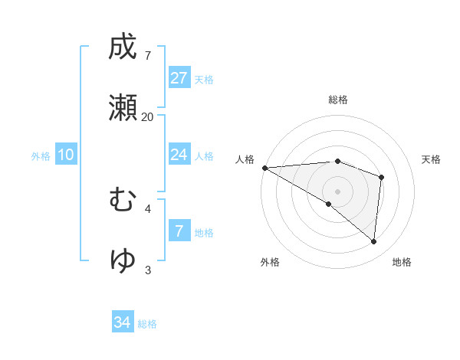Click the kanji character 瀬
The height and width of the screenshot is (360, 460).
coord(123,108)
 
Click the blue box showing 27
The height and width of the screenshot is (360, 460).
coord(179,78)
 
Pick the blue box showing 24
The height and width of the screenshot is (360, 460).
coord(179,155)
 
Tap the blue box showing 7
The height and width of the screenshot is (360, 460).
coord(179,231)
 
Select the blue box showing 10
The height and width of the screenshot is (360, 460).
coord(66,155)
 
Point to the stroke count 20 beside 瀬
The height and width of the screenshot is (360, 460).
coord(147,116)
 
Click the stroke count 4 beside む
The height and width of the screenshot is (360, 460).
coord(147,208)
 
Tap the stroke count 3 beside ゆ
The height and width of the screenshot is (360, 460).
coord(147,269)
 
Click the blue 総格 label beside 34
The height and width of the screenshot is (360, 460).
coord(147,324)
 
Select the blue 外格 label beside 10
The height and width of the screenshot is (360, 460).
coord(41,156)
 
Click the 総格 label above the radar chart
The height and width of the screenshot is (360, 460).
coord(338,100)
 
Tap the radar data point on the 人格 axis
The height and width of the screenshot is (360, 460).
coord(264,167)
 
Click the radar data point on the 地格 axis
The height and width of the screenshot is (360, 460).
coord(374,242)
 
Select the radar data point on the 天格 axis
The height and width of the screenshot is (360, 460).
coord(382,177)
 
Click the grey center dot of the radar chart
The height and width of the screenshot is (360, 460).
coord(337,191)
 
